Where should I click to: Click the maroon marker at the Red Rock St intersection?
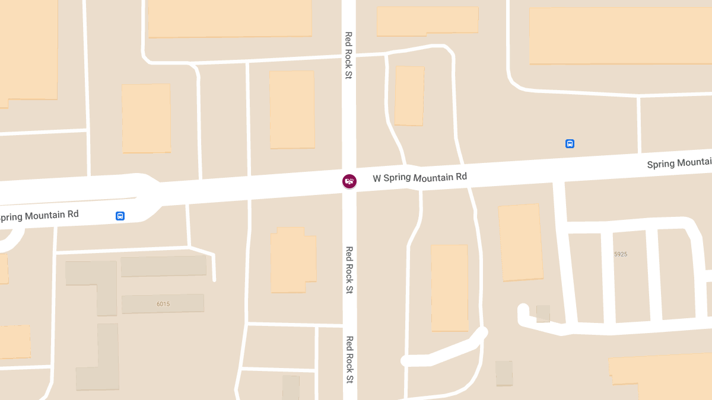click(349, 181)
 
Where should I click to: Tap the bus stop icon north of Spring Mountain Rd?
click(570, 143)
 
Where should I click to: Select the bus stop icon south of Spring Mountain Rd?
click(120, 216)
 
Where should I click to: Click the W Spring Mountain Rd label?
click(419, 177)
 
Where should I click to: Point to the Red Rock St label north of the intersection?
click(349, 55)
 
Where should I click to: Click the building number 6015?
click(163, 304)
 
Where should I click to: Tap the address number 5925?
click(621, 254)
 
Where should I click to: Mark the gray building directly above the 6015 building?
click(164, 266)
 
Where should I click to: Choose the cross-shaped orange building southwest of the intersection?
click(293, 260)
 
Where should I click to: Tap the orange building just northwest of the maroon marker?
click(292, 110)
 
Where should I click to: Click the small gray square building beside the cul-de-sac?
click(543, 313)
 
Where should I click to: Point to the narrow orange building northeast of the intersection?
click(409, 95)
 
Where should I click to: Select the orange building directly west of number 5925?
click(520, 242)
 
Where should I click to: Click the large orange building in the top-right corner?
click(620, 36)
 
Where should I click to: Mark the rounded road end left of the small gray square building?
click(523, 309)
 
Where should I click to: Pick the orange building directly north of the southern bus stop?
click(146, 118)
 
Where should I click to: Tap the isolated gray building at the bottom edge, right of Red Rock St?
click(504, 373)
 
